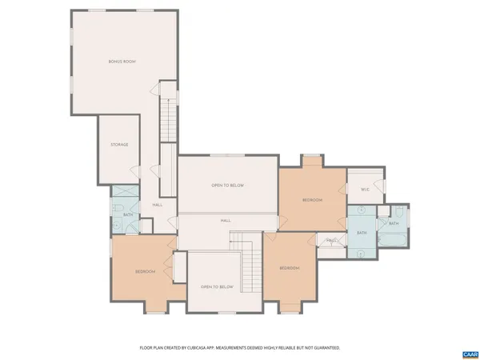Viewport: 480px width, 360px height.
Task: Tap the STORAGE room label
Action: (x=119, y=145)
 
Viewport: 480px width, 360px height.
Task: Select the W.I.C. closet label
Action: (x=365, y=190)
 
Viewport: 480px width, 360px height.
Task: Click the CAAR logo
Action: (x=470, y=353)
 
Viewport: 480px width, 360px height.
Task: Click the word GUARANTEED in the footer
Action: (x=327, y=348)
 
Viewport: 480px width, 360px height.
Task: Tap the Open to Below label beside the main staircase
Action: (x=216, y=286)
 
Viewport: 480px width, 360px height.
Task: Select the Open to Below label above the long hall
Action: (x=227, y=186)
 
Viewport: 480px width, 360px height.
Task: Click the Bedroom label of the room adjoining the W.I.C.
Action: (x=312, y=200)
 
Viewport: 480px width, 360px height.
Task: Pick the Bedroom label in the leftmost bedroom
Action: (x=145, y=272)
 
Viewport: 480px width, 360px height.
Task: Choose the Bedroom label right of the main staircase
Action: (x=289, y=268)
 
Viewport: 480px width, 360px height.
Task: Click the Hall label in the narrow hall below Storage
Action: (x=158, y=205)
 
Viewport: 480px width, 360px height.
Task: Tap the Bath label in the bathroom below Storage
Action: (x=128, y=214)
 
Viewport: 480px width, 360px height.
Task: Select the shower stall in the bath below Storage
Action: (x=124, y=194)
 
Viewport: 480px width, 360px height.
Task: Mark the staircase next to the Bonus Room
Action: (x=168, y=116)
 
